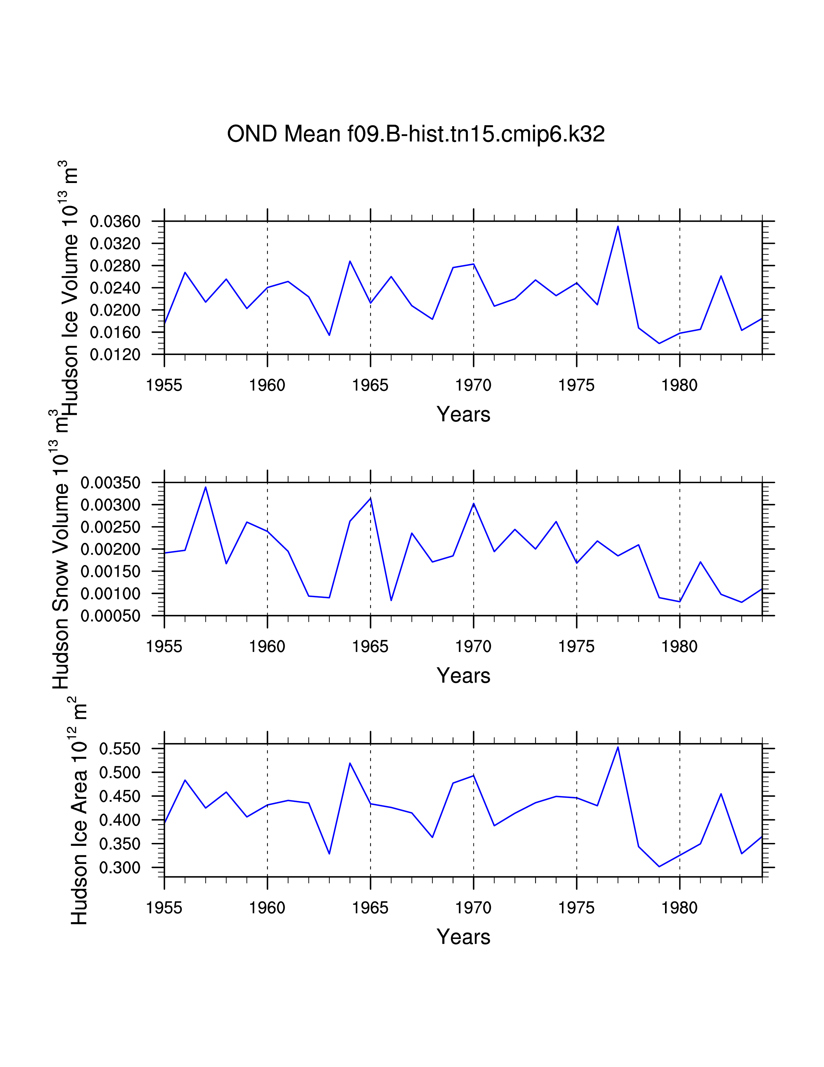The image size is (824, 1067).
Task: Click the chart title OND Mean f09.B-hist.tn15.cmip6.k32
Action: (416, 134)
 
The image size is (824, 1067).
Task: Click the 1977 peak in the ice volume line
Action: (618, 226)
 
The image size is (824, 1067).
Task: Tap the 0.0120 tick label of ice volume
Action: (115, 355)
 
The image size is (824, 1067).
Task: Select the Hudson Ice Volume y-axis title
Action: (68, 288)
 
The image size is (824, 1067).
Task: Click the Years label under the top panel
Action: (463, 414)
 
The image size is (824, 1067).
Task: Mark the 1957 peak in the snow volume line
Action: (206, 487)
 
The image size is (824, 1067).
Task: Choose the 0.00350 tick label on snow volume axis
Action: (110, 483)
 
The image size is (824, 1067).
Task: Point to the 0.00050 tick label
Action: (110, 616)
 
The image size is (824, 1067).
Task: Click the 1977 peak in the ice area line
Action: (618, 747)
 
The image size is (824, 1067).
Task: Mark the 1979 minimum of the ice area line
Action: (659, 867)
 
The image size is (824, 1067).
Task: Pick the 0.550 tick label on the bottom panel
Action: (120, 749)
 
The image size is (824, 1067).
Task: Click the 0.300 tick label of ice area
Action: (120, 868)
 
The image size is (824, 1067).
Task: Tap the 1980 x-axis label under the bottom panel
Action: (679, 908)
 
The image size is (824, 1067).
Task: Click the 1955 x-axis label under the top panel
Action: (164, 385)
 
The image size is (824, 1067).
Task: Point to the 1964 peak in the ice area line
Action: (350, 763)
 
